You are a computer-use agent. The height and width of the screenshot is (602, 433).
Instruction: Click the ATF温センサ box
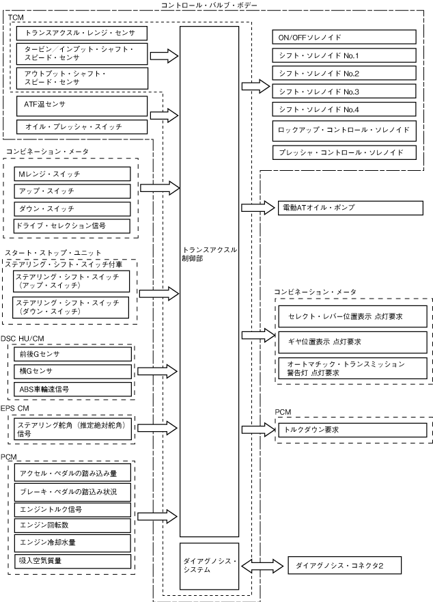[82, 106]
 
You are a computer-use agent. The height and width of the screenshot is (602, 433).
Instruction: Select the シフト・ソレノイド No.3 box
[344, 92]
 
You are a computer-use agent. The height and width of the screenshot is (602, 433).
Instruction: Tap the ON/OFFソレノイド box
[344, 38]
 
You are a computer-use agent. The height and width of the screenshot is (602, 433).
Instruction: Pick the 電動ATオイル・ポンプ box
[350, 208]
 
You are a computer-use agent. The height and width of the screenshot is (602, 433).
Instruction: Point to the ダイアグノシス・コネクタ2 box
[345, 565]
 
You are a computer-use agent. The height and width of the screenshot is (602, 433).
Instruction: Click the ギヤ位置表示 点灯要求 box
[352, 342]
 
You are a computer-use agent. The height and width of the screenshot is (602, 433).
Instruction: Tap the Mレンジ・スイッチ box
[72, 174]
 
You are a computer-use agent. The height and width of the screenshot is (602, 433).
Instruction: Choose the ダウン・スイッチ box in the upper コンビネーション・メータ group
[72, 209]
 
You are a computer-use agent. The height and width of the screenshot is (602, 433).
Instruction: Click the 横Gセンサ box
[72, 371]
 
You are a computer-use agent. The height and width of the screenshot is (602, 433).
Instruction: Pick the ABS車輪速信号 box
[72, 389]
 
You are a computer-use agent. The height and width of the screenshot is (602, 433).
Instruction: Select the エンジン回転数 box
[72, 525]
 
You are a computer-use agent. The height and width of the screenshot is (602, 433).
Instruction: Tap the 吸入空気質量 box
[72, 561]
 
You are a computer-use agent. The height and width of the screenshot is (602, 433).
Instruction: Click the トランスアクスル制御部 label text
[209, 254]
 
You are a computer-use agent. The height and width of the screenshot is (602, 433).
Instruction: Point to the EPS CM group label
[14, 408]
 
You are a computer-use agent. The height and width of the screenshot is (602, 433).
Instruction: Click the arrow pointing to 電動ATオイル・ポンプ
[258, 208]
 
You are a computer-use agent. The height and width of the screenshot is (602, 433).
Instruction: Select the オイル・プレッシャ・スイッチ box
[82, 126]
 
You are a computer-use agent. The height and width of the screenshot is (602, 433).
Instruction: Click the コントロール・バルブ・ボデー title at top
[209, 5]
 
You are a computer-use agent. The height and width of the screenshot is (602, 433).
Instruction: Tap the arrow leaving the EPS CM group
[157, 428]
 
